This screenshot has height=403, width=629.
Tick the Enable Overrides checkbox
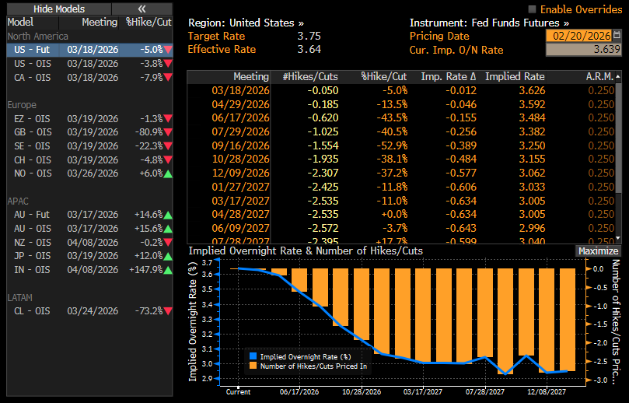(533, 9)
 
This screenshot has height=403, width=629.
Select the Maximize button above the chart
(598, 251)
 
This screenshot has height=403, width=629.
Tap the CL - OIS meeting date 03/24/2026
(92, 310)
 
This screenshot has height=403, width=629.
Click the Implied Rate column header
(515, 77)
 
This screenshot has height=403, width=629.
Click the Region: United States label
(246, 23)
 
